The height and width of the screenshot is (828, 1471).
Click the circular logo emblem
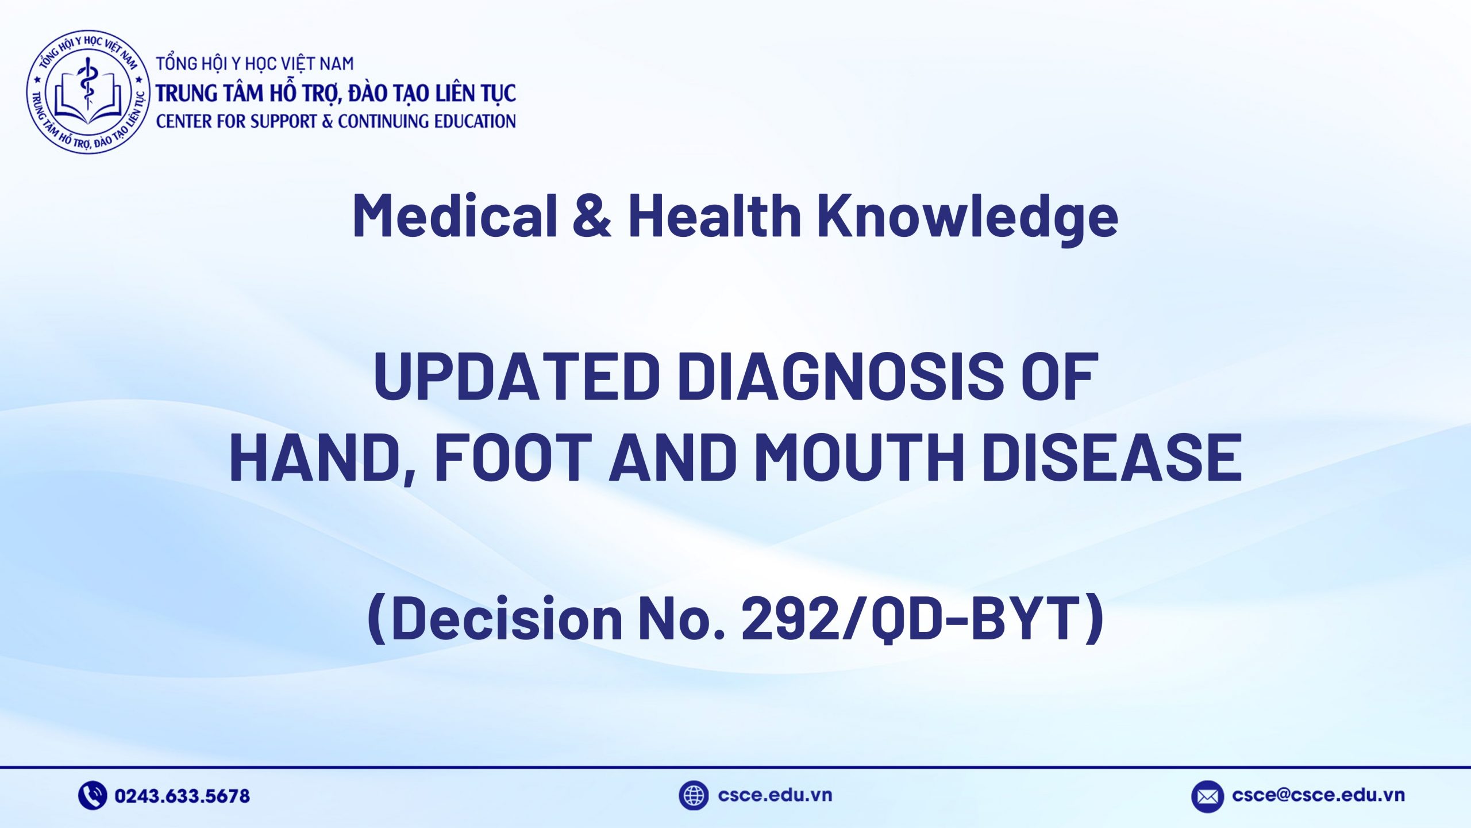[x=87, y=92]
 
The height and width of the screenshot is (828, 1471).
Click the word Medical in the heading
[x=455, y=216]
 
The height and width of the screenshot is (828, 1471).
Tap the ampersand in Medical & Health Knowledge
[x=592, y=216]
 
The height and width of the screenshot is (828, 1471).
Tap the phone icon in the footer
[x=93, y=795]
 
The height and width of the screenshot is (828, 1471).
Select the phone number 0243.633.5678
[x=182, y=796]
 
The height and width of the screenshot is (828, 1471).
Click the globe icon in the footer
[x=693, y=795]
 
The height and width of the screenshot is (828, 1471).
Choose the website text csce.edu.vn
[x=775, y=795]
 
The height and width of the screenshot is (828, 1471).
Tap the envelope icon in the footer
[x=1207, y=796]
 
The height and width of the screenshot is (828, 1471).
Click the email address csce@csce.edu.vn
[x=1318, y=795]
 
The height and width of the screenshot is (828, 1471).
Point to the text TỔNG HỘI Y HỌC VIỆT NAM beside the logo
[x=255, y=63]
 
